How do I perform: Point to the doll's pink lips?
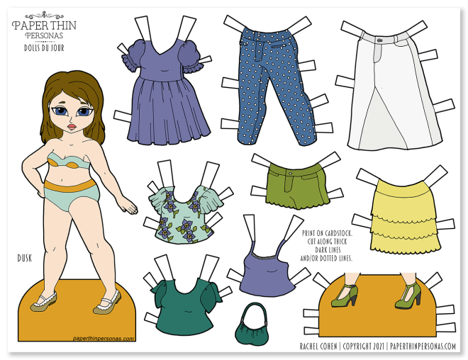coord(72,127)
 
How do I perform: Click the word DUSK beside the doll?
coord(25,258)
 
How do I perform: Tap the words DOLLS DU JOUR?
coord(44,47)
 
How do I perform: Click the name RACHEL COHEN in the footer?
coord(318,346)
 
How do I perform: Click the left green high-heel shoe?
coord(344,295)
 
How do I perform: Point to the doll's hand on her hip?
coord(38,187)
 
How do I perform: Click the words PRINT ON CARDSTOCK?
coord(327,234)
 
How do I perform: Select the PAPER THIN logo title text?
coord(44,26)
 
